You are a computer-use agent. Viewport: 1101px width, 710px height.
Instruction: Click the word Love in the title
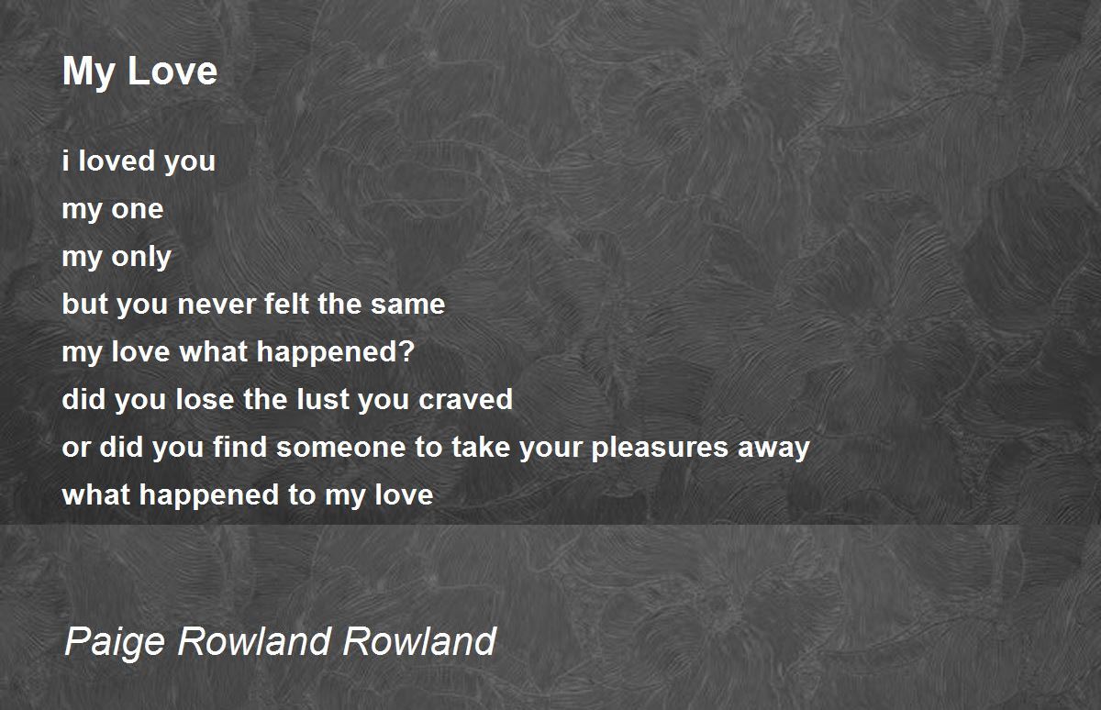coord(172,72)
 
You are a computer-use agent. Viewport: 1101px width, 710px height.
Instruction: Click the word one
coord(137,210)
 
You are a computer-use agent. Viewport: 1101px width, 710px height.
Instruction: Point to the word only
coord(141,257)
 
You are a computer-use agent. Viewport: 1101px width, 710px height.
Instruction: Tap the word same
coord(408,305)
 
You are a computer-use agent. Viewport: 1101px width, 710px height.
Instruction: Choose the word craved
coord(465,398)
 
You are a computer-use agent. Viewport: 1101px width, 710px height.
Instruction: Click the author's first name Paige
coord(115,642)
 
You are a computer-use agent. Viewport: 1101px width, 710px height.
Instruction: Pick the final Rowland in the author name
coord(420,640)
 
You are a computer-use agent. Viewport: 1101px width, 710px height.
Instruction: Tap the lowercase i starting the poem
coord(65,161)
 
